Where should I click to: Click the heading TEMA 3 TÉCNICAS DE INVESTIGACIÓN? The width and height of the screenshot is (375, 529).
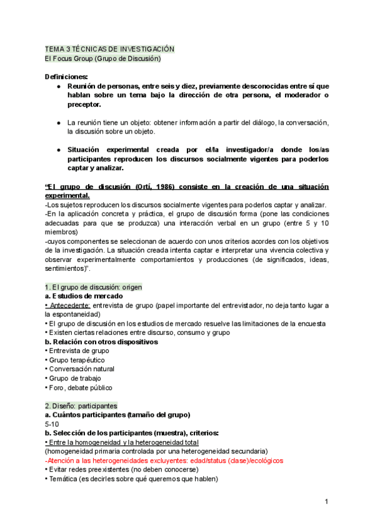click(x=109, y=49)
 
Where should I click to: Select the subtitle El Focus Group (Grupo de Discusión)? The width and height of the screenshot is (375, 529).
click(x=103, y=59)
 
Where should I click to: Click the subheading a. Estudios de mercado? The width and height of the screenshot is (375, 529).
click(x=84, y=296)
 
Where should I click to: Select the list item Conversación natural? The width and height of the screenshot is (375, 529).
click(x=81, y=369)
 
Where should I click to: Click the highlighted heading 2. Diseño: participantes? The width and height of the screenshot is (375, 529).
click(x=81, y=405)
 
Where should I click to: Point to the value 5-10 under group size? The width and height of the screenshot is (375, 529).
click(x=52, y=424)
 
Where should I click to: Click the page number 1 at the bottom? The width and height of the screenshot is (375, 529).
click(x=327, y=502)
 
